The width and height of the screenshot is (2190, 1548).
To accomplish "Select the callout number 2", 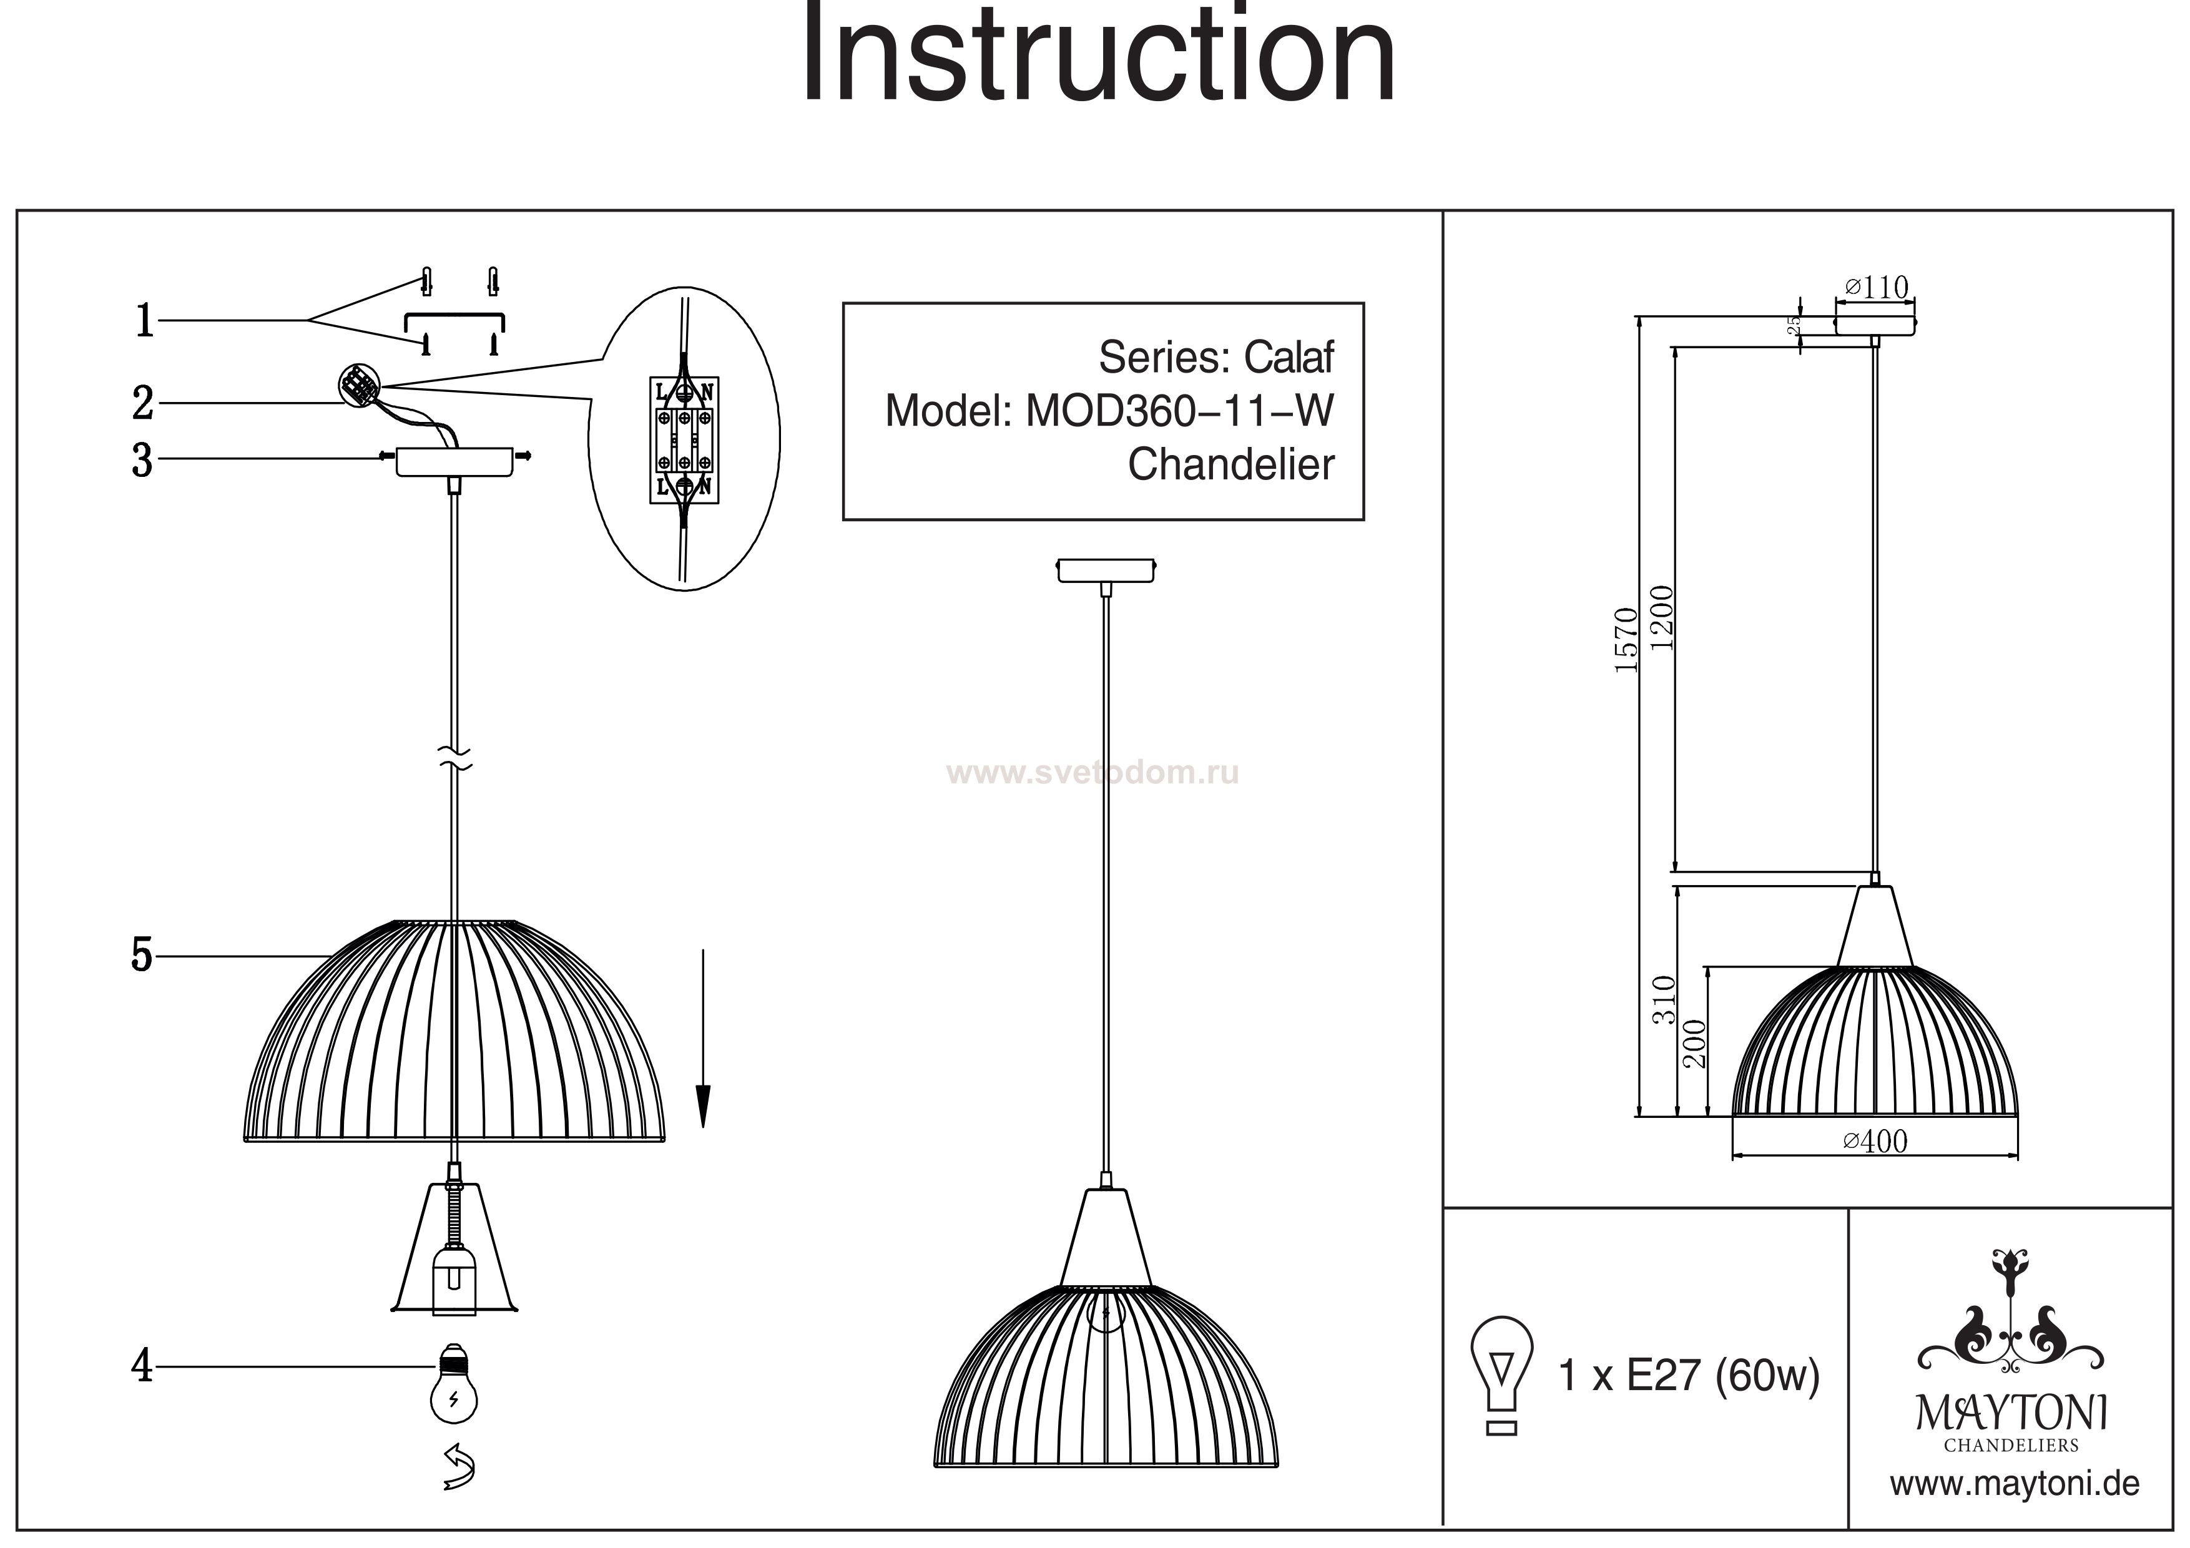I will point(143,403).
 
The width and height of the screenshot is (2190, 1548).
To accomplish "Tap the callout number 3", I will point(142,460).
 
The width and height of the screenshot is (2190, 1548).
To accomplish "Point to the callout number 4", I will point(142,1367).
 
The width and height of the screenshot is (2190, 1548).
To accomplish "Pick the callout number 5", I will point(142,955).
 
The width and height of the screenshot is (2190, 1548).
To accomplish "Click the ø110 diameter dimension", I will point(1877,287).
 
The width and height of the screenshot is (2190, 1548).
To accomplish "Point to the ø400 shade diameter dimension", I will point(1875,1142).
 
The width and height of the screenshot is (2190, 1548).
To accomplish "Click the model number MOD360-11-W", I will point(1179,411).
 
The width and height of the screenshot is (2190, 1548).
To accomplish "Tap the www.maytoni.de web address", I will point(2015,1485).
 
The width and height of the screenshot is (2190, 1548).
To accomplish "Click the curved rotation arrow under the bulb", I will point(459,1467).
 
